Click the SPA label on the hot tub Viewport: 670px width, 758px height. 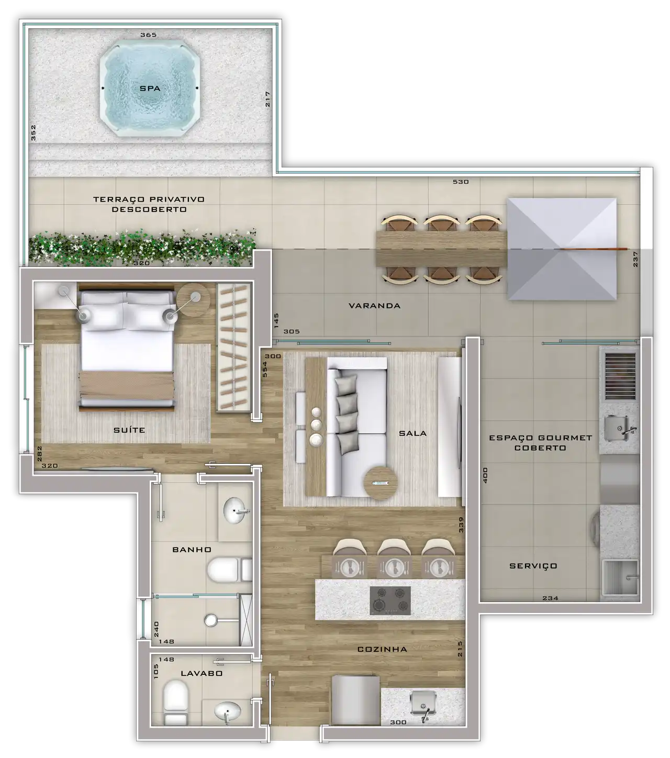(x=150, y=88)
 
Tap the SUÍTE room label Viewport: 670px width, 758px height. (x=129, y=430)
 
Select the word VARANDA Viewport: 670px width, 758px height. (x=374, y=306)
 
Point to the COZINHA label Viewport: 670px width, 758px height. (x=382, y=649)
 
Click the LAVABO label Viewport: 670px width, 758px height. (x=202, y=673)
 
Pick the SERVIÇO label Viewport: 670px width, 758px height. (x=533, y=566)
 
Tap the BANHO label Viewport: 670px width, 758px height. (x=192, y=550)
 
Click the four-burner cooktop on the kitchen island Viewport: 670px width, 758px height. (x=390, y=600)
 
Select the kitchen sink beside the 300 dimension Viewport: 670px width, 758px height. (x=423, y=705)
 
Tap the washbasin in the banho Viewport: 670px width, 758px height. (x=236, y=510)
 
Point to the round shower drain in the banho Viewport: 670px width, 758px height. (x=211, y=620)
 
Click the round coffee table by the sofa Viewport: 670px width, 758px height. (x=381, y=483)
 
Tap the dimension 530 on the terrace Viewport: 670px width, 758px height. (x=461, y=182)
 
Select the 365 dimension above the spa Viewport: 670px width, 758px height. (x=149, y=35)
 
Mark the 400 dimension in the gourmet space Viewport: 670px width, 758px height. (x=485, y=475)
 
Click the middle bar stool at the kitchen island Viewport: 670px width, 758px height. (x=394, y=548)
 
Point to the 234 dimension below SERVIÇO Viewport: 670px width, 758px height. (x=550, y=598)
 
